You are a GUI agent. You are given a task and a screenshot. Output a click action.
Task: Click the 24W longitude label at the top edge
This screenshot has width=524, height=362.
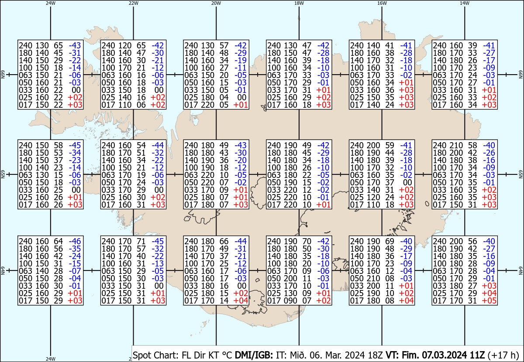(x=51, y=3)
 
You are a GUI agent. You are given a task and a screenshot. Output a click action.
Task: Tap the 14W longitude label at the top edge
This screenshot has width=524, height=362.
(x=465, y=3)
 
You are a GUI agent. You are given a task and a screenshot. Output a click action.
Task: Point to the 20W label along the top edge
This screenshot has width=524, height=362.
(x=216, y=3)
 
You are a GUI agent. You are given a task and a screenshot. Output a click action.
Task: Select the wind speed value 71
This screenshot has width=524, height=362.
(x=140, y=241)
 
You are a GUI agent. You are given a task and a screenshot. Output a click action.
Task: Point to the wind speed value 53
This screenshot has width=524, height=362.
(x=58, y=153)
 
